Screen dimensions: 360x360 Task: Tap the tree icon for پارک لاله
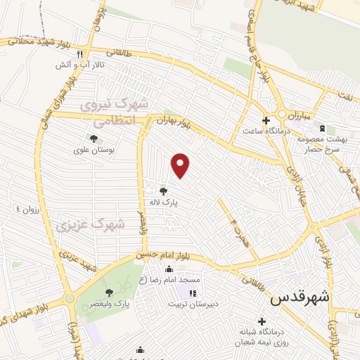tap(163, 191)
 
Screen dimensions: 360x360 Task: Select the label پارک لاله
tap(162, 202)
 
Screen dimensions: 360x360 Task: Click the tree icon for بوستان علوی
tap(93, 139)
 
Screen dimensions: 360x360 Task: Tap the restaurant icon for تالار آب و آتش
tap(81, 54)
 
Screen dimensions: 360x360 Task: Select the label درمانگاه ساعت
tap(257, 130)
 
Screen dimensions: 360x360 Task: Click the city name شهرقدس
tap(301, 297)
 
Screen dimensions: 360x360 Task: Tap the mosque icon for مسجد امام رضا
tap(169, 269)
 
